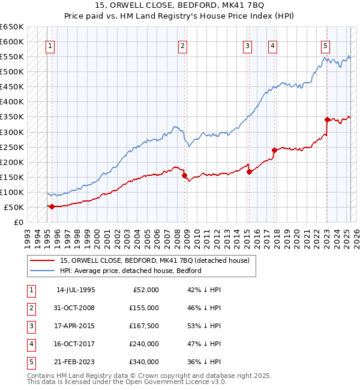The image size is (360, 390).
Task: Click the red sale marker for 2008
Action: pos(184,175)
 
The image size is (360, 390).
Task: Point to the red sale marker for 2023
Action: pos(327,119)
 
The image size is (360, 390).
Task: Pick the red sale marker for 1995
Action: pos(52,206)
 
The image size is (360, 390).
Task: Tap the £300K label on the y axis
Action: pos(12,132)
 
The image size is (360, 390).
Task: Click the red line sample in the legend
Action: pos(43,260)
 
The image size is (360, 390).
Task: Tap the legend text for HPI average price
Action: pos(130,271)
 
